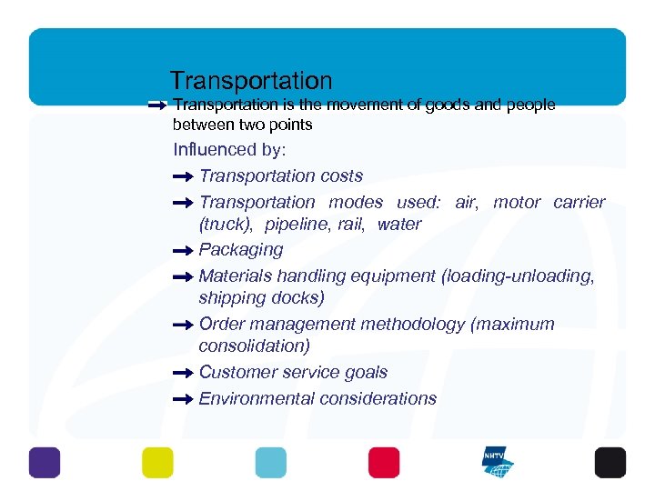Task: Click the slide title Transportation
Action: click(x=251, y=81)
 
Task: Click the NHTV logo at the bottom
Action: click(x=497, y=463)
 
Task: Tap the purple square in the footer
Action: click(x=45, y=463)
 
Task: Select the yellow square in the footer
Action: click(x=157, y=463)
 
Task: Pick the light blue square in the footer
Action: click(x=270, y=463)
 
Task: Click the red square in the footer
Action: click(x=384, y=463)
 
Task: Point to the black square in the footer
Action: click(x=610, y=463)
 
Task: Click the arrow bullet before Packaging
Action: click(x=183, y=250)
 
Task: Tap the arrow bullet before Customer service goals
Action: click(x=183, y=373)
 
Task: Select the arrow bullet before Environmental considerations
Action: click(x=183, y=399)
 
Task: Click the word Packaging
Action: click(x=241, y=250)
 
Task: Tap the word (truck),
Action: click(x=227, y=224)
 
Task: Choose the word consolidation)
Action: click(x=254, y=346)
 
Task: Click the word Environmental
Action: click(x=251, y=399)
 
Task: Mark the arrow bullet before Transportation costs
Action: click(x=183, y=176)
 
